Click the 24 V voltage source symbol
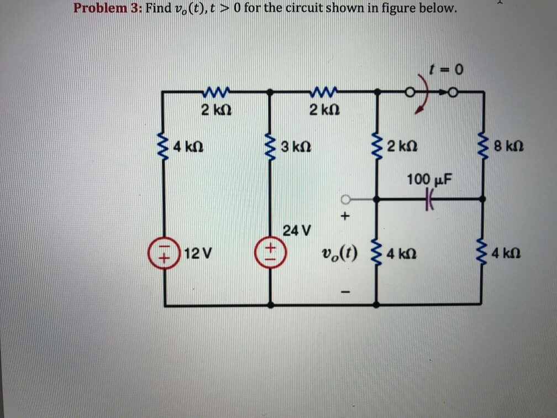tap(271, 253)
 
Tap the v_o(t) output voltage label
tap(339, 254)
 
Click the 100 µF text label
tap(429, 179)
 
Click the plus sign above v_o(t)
tap(345, 217)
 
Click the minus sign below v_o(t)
tap(345, 291)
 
